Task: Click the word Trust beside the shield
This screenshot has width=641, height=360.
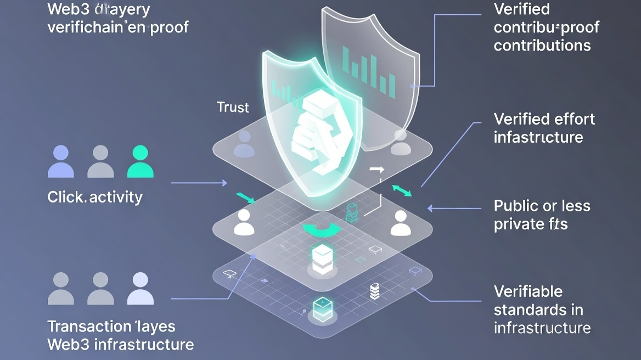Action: [233, 107]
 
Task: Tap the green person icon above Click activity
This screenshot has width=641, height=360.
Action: [140, 161]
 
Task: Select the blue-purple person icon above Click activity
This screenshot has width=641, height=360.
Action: [60, 161]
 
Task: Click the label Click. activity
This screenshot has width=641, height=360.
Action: [95, 197]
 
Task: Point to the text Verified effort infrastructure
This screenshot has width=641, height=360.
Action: [544, 128]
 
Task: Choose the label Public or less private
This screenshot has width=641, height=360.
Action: [542, 215]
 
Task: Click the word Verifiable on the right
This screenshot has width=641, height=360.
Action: [528, 291]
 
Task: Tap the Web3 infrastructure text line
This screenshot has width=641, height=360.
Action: [121, 345]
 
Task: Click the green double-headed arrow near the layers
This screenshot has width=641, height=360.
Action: [402, 190]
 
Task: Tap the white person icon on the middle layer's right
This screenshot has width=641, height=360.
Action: [400, 222]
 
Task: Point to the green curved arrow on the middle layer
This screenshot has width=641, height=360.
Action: [319, 230]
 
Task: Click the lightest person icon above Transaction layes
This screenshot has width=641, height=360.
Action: [140, 288]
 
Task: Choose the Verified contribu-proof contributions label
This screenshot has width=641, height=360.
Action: [546, 27]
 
